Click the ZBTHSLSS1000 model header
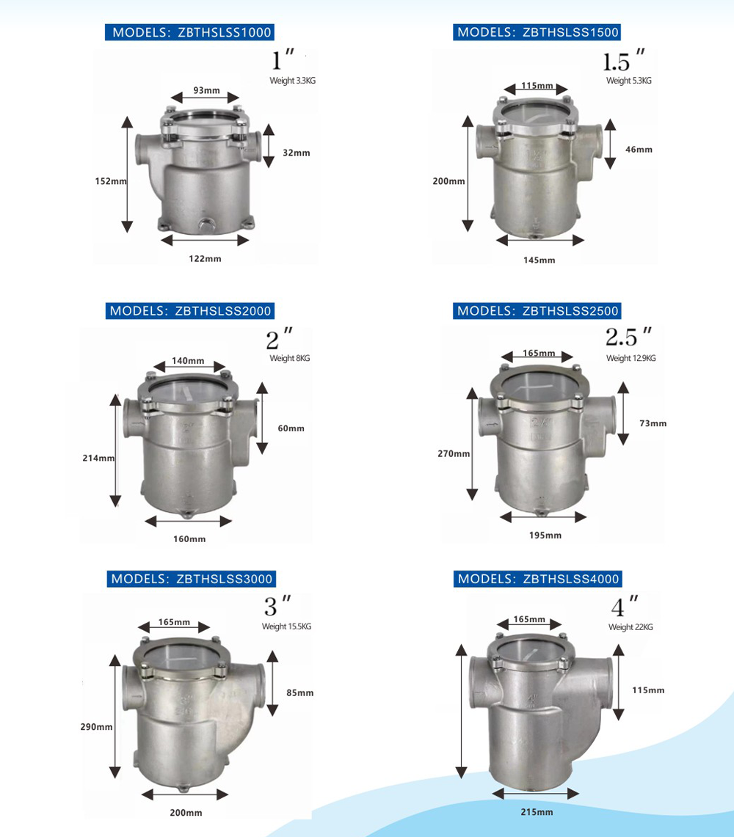point(189,32)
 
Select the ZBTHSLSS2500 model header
point(537,311)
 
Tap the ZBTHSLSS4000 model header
point(538,579)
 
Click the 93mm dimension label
point(206,90)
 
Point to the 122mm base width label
point(205,258)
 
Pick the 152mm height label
point(111,181)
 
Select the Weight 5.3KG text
point(629,81)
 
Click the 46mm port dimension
point(639,150)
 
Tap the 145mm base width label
point(539,260)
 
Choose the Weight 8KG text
point(289,358)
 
